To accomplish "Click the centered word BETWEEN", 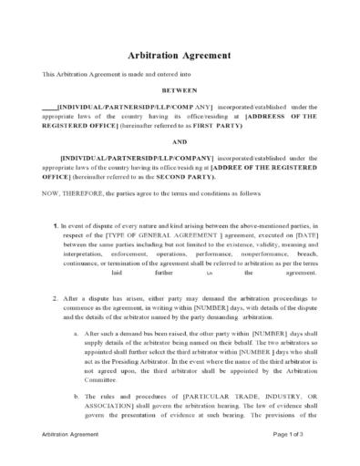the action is point(179,91).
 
